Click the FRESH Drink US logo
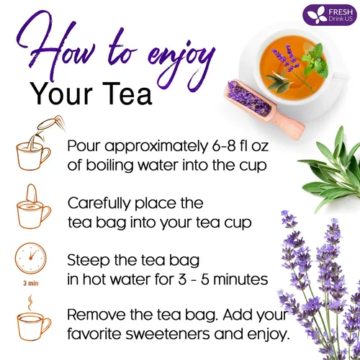328,14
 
